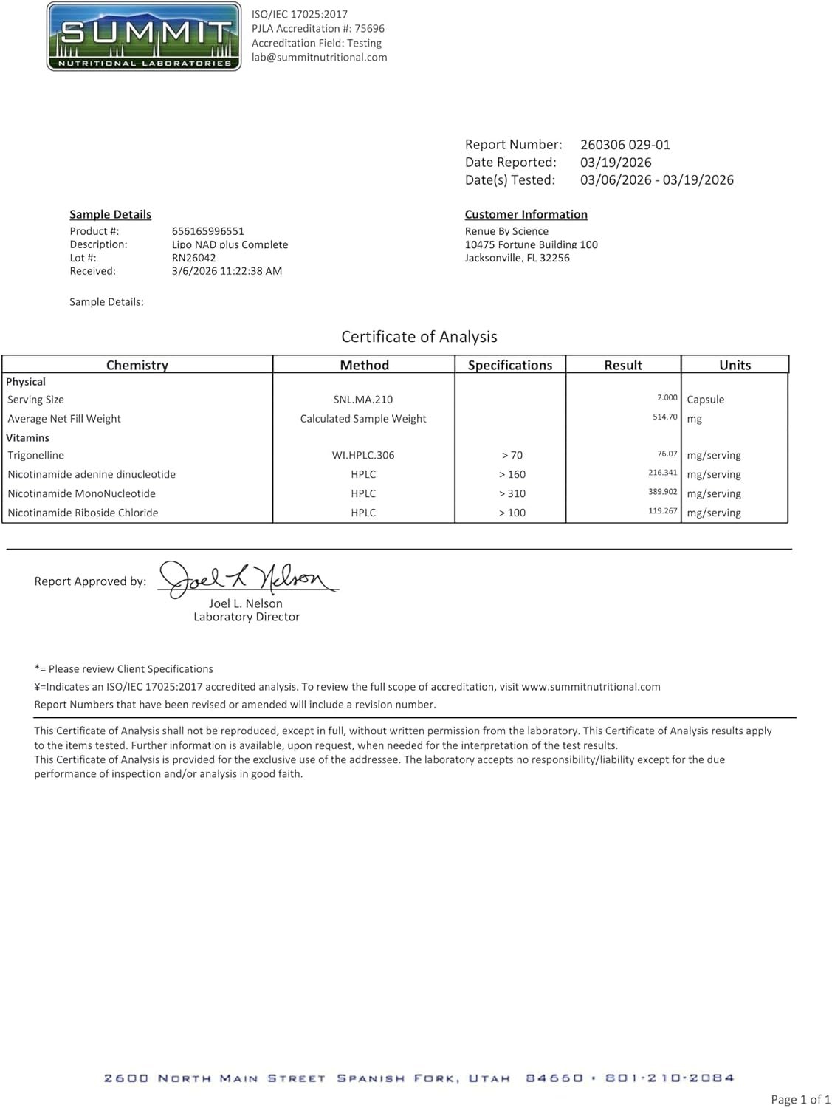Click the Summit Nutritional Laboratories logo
144,36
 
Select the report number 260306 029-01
625,145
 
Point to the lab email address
319,58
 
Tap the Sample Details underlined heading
110,214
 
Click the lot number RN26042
193,258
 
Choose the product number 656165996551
207,231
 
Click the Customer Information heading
526,214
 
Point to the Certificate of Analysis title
419,337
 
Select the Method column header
364,365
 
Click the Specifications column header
509,365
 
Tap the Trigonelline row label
35,455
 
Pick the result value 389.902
662,492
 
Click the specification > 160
512,474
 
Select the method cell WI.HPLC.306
363,455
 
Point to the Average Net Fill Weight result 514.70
664,417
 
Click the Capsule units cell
705,400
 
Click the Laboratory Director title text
247,617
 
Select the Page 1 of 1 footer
800,1099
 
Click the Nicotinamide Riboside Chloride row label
83,513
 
